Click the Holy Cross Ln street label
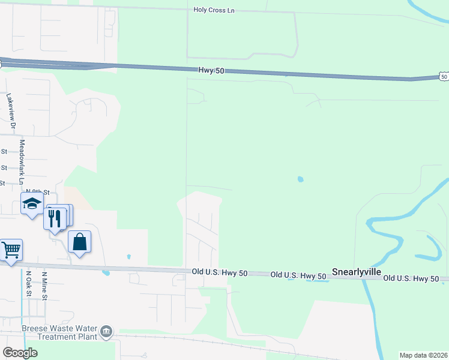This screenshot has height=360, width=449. pos(214,10)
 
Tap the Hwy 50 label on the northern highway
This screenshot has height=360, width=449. pos(210,71)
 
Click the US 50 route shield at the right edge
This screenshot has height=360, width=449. pos(443,76)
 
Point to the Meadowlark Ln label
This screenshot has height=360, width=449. pos(22,162)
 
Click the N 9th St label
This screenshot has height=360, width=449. pos(37,191)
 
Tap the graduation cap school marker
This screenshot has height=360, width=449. pos(32,204)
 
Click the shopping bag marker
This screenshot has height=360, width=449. pos(79,242)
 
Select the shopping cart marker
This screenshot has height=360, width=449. pos(11,249)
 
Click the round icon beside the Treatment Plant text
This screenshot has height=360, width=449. pos(106,331)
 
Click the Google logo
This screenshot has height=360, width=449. pos(20,352)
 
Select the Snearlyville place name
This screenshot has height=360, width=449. pos(357,272)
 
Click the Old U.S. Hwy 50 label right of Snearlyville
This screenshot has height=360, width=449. pos(415,278)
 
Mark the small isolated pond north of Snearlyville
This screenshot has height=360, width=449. pos(300,179)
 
